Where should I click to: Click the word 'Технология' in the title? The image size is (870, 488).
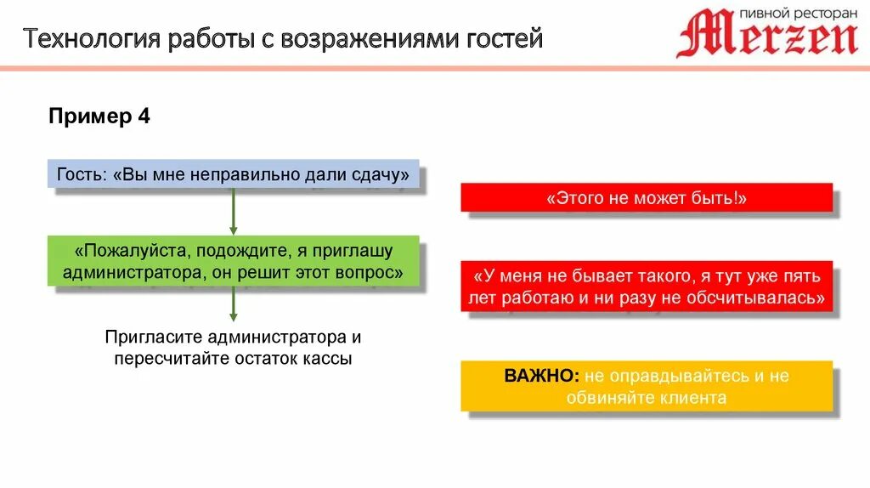pyautogui.click(x=88, y=39)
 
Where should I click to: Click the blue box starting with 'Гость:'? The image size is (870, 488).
pyautogui.click(x=233, y=174)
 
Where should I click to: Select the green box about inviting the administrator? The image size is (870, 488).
pyautogui.click(x=233, y=262)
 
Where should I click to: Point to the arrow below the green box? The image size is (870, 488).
pyautogui.click(x=233, y=304)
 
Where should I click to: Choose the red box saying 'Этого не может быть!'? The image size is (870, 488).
pyautogui.click(x=647, y=197)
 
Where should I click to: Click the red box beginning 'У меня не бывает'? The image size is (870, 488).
pyautogui.click(x=647, y=287)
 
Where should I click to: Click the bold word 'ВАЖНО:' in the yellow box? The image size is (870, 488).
pyautogui.click(x=542, y=376)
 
